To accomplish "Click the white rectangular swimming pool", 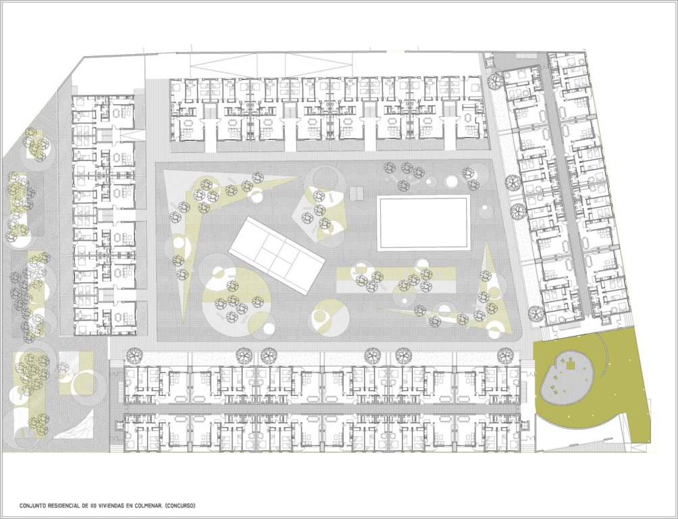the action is (x=424, y=222).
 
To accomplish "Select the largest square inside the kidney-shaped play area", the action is (x=571, y=364).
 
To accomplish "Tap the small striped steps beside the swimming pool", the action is (x=357, y=192).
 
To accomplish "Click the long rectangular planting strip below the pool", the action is (x=396, y=280).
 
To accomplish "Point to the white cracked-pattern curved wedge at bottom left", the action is (x=82, y=426).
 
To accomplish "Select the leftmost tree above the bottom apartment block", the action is (x=134, y=355).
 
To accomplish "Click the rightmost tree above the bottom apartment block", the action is (x=504, y=355).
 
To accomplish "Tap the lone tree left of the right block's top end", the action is (x=494, y=80).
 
